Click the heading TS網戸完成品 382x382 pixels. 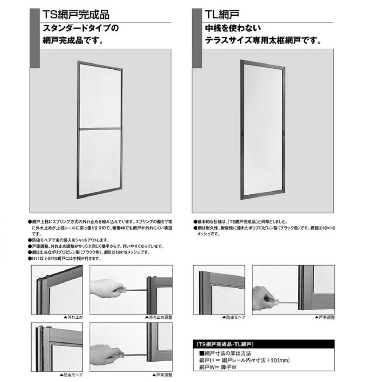pos(76,15)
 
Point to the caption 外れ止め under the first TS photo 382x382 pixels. pos(74,317)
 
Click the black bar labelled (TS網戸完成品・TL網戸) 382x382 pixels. pos(264,344)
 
